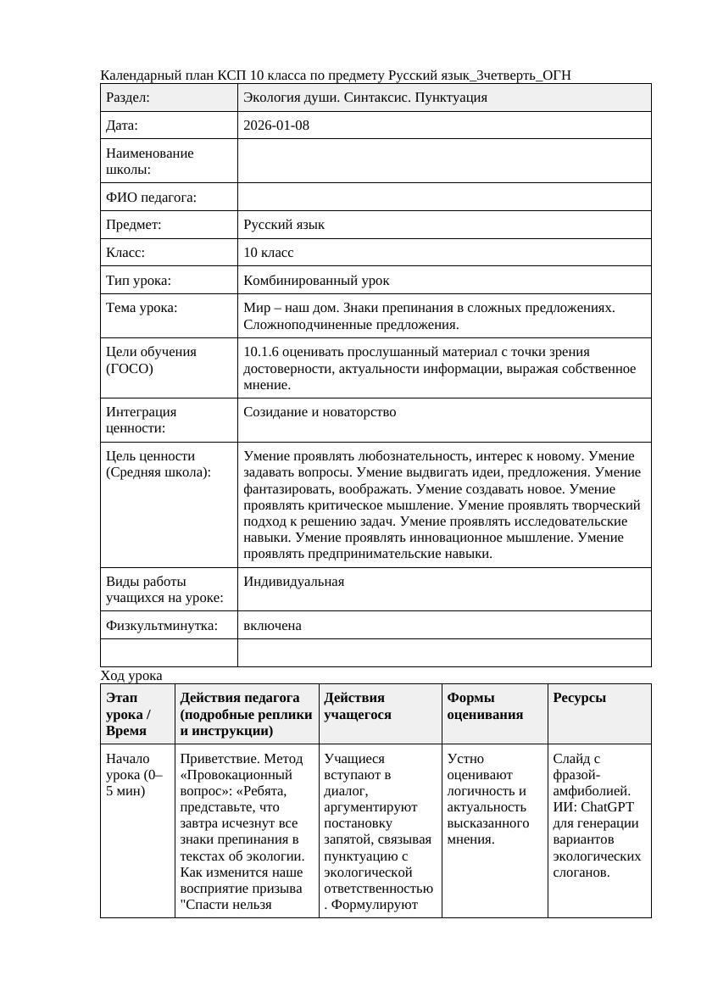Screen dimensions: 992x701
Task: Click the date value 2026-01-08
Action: click(276, 125)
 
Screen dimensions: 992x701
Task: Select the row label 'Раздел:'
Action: click(128, 98)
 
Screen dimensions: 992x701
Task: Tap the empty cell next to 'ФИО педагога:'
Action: click(444, 197)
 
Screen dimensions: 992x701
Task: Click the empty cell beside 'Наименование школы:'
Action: click(444, 161)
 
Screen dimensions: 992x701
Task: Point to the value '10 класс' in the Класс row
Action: click(268, 253)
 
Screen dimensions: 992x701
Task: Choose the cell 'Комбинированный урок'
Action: click(316, 280)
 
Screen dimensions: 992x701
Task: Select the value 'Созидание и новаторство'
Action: click(320, 412)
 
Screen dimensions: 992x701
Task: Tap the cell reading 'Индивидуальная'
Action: click(293, 582)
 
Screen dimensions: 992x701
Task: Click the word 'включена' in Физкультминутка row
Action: click(272, 626)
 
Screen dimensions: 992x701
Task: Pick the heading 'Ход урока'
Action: click(131, 676)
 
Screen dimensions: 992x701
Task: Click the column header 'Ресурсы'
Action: click(579, 698)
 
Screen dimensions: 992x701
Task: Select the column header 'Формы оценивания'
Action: click(485, 705)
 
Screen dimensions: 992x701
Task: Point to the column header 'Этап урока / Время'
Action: click(127, 714)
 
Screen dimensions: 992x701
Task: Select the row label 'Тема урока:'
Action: click(142, 308)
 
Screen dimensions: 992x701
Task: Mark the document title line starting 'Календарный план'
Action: click(336, 75)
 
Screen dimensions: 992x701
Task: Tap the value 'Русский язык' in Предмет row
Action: click(284, 225)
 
